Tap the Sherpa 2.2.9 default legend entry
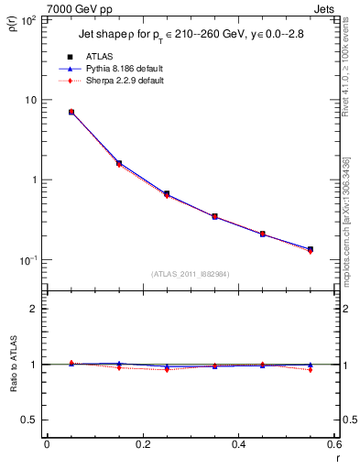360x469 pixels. click(x=125, y=81)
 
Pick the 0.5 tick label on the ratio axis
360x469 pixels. click(x=29, y=420)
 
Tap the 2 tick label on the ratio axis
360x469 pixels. click(x=34, y=309)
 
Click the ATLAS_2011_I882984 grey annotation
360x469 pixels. click(x=190, y=273)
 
